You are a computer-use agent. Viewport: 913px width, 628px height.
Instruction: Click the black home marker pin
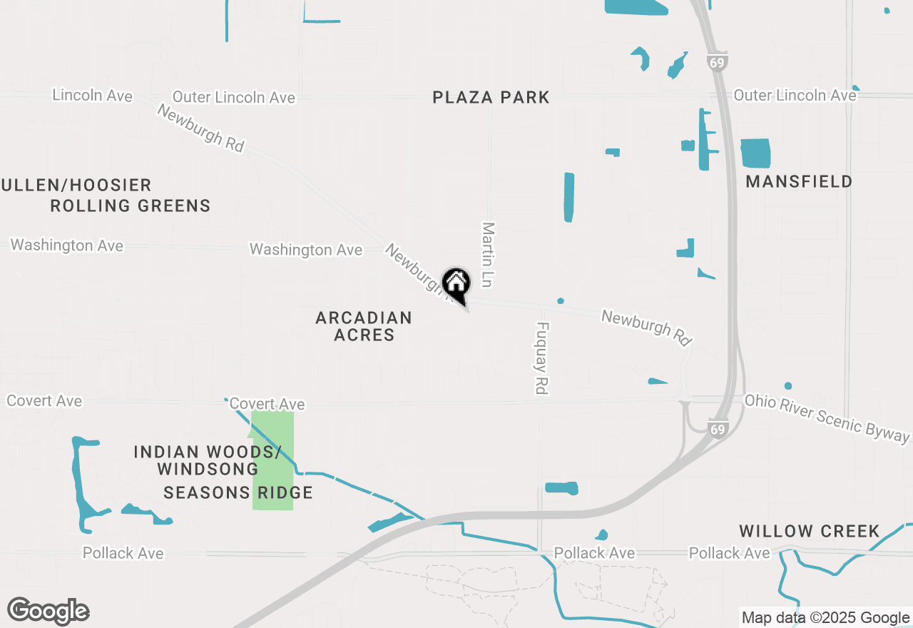tap(456, 285)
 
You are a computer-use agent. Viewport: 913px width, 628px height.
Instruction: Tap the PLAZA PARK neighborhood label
tap(491, 97)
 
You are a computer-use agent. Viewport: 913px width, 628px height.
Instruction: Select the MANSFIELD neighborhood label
tap(799, 182)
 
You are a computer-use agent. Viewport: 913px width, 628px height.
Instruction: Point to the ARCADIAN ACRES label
tap(364, 326)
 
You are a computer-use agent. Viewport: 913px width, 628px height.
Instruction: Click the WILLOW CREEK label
tap(809, 531)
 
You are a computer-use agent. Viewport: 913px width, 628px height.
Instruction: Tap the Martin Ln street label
tap(488, 254)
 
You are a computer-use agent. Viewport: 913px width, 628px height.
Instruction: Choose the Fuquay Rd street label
tap(542, 358)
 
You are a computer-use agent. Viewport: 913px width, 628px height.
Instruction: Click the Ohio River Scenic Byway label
tap(827, 416)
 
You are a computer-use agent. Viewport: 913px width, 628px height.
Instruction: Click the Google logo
tap(49, 611)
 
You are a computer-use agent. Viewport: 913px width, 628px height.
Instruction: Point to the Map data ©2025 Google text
tap(825, 618)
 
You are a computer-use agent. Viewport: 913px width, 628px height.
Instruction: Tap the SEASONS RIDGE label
tap(238, 492)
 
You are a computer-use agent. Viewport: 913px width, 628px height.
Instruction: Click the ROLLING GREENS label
tap(131, 206)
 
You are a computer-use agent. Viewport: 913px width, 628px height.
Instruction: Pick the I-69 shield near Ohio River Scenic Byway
tap(718, 429)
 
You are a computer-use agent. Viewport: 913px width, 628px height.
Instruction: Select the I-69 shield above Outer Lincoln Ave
tap(718, 62)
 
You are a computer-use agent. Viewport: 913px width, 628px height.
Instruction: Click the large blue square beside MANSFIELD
tap(755, 153)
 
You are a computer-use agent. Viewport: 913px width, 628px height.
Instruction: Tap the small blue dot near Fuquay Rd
tap(561, 300)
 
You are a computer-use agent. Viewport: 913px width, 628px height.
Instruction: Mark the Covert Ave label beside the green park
tap(267, 404)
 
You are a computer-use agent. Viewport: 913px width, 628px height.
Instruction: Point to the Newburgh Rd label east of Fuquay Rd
tap(647, 327)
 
